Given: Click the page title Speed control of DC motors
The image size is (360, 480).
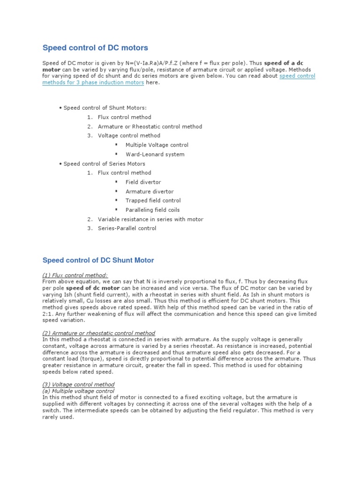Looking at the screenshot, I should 95,48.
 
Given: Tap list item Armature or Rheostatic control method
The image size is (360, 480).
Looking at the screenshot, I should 150,127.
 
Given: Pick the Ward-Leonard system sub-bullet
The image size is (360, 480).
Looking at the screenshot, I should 155,154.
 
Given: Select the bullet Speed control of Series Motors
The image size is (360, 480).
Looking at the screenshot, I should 104,164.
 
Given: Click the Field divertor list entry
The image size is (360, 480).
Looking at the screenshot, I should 143,182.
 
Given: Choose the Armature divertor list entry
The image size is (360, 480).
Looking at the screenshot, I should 150,191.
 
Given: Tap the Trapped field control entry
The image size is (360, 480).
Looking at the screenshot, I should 153,201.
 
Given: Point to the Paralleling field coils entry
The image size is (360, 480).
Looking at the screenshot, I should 152,210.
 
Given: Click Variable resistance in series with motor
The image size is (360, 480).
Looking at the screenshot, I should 150,219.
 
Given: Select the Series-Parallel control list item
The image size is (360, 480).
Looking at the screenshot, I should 127,228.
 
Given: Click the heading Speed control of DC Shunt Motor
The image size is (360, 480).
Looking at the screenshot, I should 98,260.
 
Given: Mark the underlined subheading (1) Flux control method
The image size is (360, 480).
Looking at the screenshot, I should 75,275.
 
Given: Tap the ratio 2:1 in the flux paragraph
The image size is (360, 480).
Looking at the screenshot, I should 48,314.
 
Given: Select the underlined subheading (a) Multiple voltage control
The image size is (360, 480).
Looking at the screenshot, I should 78,390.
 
